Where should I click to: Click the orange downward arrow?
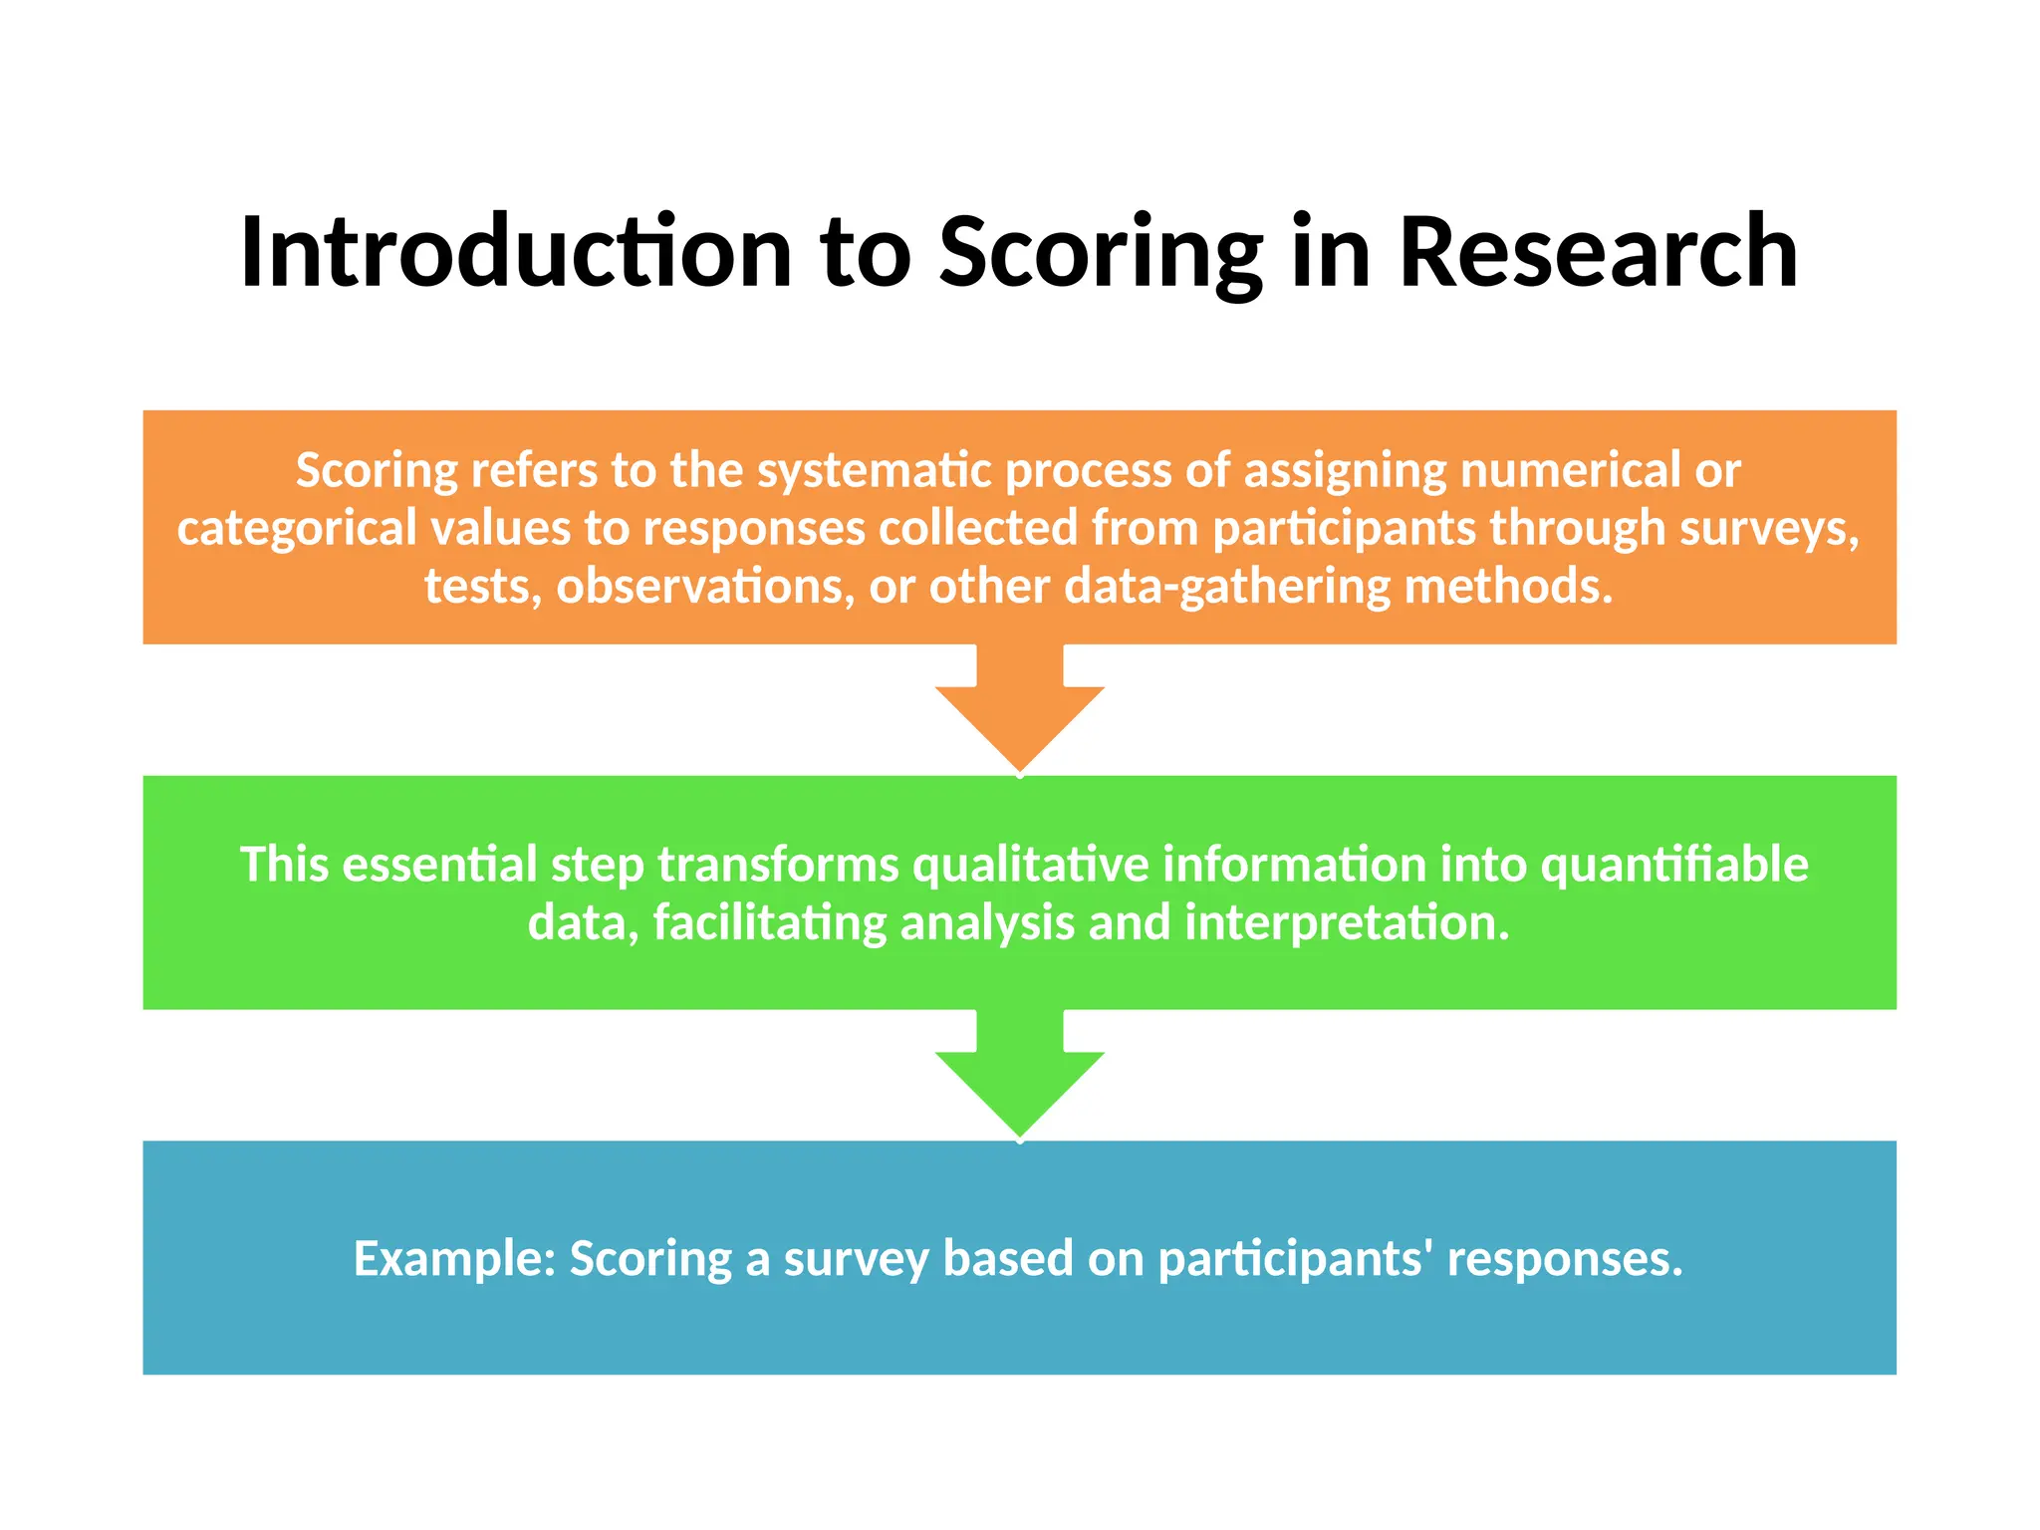tap(1019, 712)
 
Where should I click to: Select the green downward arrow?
tap(1019, 1078)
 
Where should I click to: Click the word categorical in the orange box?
tap(296, 528)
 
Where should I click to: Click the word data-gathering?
tap(1226, 586)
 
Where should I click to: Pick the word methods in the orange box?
tap(1507, 586)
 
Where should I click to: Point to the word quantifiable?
tap(1673, 864)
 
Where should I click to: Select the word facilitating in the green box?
tap(769, 922)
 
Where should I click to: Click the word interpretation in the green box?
tap(1346, 922)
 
